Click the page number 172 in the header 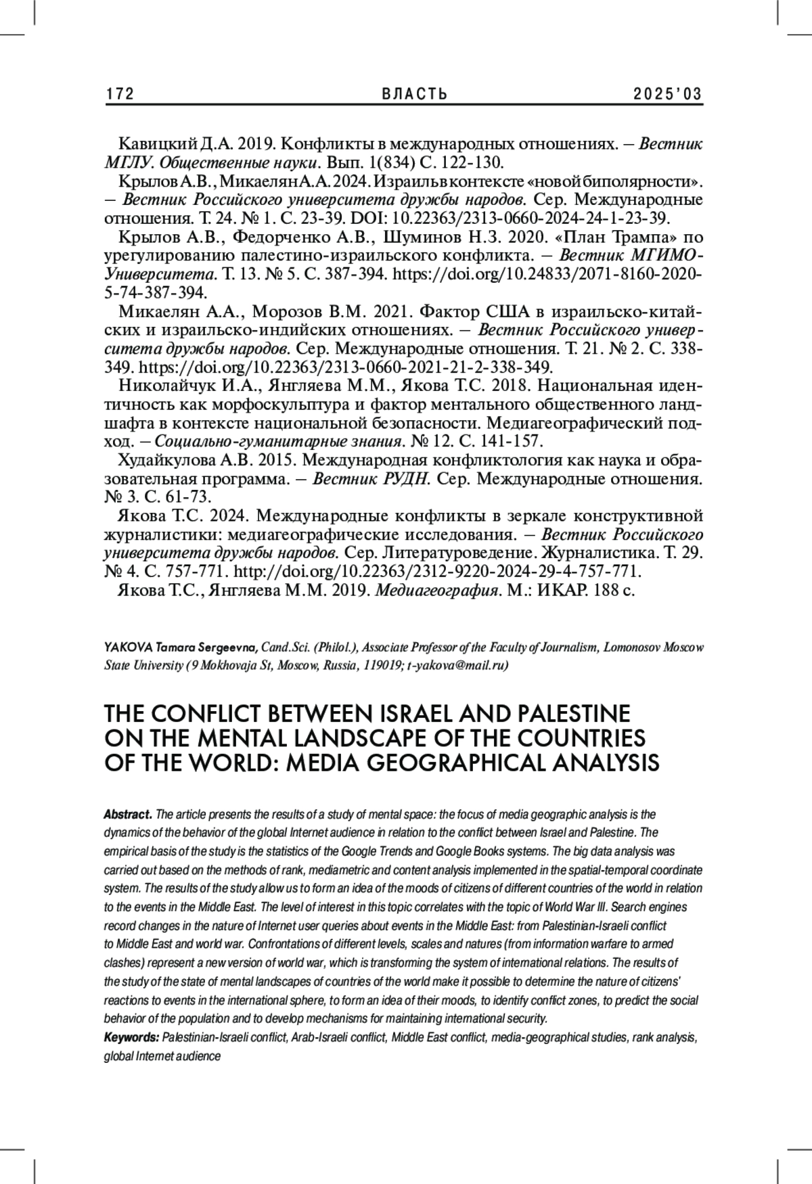(x=120, y=94)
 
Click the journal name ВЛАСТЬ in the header (x=405, y=94)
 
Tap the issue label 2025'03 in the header (x=667, y=94)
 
